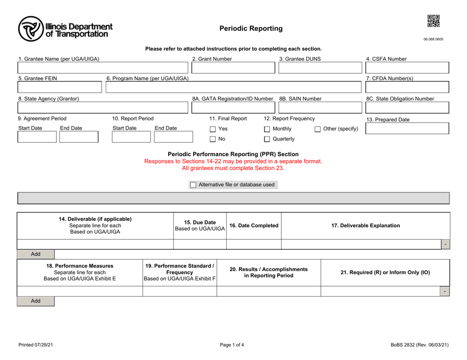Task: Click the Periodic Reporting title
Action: (251, 28)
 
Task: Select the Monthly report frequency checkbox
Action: (267, 129)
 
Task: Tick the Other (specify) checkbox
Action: (318, 129)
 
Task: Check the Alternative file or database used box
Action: (193, 185)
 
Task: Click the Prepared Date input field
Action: (406, 129)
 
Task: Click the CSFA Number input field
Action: (406, 68)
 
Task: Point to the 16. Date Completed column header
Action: (254, 225)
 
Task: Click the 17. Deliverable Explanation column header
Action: (365, 225)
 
